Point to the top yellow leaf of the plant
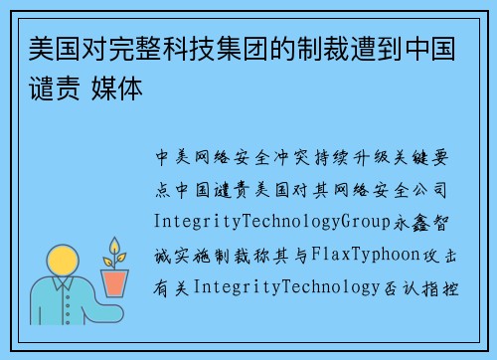tap(115, 245)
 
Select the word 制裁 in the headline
tap(340, 48)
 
